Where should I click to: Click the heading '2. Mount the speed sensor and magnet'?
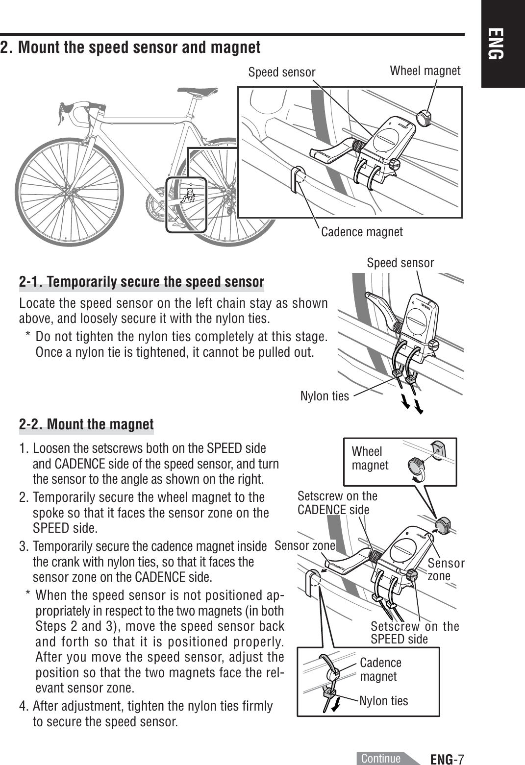tap(130, 48)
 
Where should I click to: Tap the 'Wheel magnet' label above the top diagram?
tap(425, 71)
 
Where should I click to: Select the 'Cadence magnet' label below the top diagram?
tap(362, 232)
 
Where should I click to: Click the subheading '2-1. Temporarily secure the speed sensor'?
tap(141, 282)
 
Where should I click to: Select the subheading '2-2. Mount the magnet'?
tap(86, 424)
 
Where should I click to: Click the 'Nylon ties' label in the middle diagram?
tap(325, 396)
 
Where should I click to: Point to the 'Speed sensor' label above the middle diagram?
tap(400, 263)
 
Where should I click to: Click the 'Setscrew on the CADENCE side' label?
tap(337, 503)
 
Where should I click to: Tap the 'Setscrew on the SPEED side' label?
tap(414, 633)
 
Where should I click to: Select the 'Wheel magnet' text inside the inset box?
tap(370, 458)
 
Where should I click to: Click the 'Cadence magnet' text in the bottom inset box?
tap(380, 669)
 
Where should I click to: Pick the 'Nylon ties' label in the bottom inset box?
tap(383, 701)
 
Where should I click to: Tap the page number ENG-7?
tap(447, 759)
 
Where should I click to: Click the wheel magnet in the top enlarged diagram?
tap(423, 118)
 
